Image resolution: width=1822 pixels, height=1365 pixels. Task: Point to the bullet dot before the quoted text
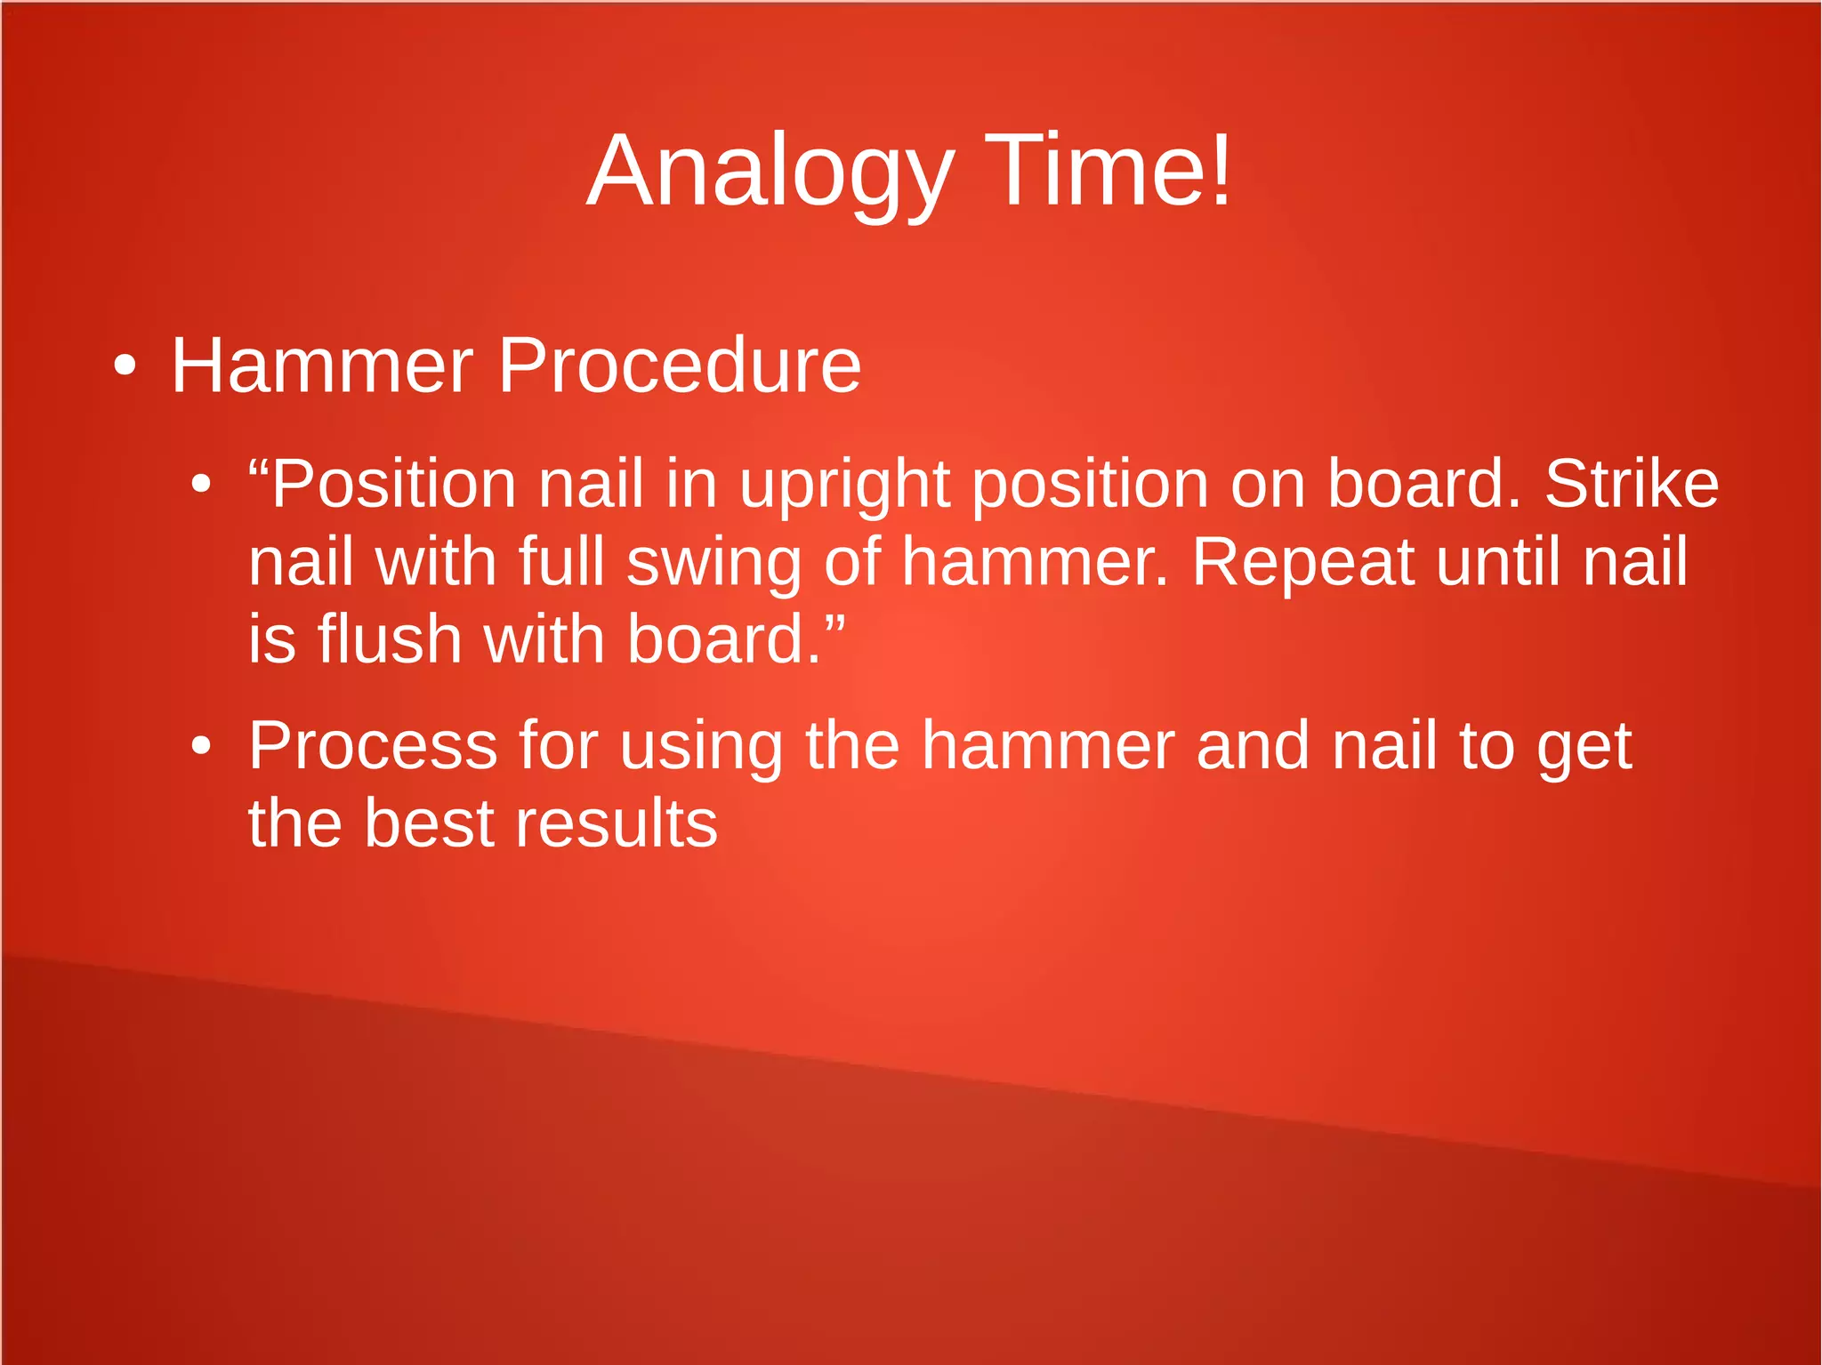pyautogui.click(x=202, y=485)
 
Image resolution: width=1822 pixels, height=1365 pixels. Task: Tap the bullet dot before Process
pyautogui.click(x=202, y=746)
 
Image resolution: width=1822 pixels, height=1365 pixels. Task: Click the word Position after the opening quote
pyautogui.click(x=393, y=485)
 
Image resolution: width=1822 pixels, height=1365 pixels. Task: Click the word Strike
pyautogui.click(x=1632, y=485)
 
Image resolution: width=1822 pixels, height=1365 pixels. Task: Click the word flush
pyautogui.click(x=390, y=639)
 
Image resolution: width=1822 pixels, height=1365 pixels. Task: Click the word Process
pyautogui.click(x=373, y=746)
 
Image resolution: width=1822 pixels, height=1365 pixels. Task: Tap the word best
pyautogui.click(x=429, y=823)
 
